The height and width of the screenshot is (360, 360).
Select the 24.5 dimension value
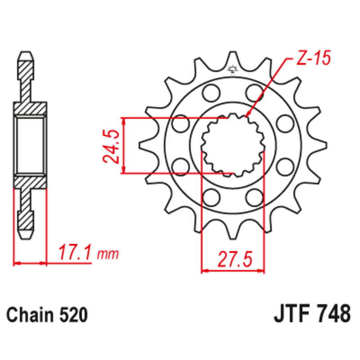(110, 145)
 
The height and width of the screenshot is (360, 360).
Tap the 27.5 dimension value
(233, 260)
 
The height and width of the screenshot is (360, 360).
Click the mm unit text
(108, 254)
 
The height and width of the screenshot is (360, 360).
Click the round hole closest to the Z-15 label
(254, 93)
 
